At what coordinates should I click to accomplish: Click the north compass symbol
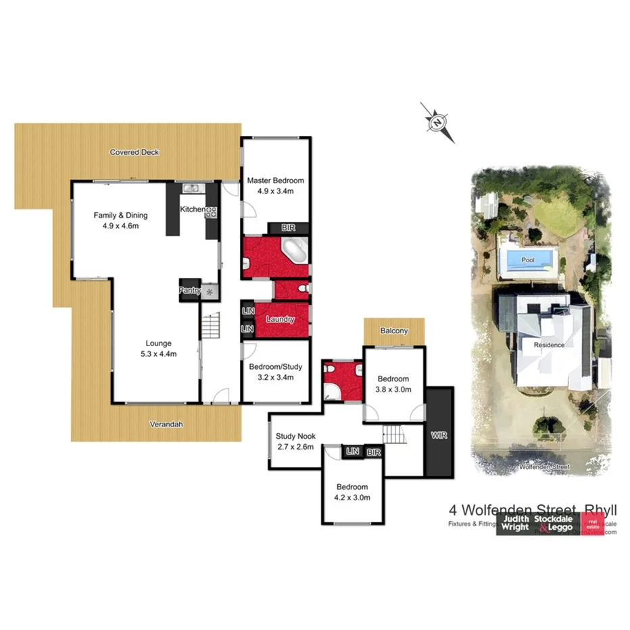pos(437,122)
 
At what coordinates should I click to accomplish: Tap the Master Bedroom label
pos(275,180)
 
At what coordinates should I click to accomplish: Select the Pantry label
pos(189,291)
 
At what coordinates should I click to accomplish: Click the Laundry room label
pos(281,319)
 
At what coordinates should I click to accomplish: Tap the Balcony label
pos(394,331)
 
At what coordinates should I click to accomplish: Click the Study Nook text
pos(296,437)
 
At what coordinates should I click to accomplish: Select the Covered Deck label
pos(135,152)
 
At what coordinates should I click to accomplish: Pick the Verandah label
pos(166,425)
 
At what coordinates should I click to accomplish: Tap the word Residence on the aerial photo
pos(549,345)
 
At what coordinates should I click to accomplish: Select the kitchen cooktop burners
pos(211,212)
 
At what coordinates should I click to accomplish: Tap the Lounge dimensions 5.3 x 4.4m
pos(158,352)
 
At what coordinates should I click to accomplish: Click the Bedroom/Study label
pos(276,367)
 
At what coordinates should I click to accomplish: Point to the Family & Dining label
pos(120,215)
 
